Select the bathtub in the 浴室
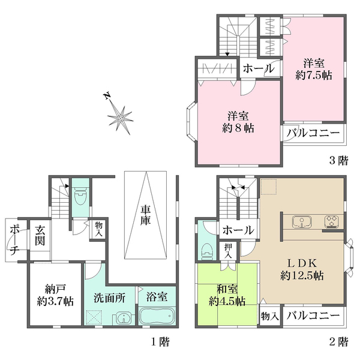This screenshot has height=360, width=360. (157, 316)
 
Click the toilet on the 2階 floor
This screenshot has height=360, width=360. (208, 252)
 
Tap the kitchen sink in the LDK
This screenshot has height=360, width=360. (301, 222)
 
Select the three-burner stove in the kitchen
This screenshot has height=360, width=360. (332, 222)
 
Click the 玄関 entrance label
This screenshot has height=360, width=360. (40, 236)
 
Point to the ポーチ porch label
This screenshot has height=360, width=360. (14, 240)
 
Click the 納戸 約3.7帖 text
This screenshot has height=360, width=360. (55, 295)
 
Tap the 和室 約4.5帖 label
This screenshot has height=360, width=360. (227, 295)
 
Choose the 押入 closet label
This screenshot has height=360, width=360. (228, 251)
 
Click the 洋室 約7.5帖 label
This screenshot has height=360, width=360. (314, 69)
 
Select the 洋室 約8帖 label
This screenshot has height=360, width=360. (238, 122)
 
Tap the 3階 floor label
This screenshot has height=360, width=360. (339, 160)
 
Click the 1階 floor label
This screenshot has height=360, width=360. (160, 342)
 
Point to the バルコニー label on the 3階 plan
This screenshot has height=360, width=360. (313, 133)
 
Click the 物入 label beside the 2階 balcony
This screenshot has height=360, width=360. (270, 316)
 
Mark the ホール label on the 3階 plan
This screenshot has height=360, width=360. (259, 68)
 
